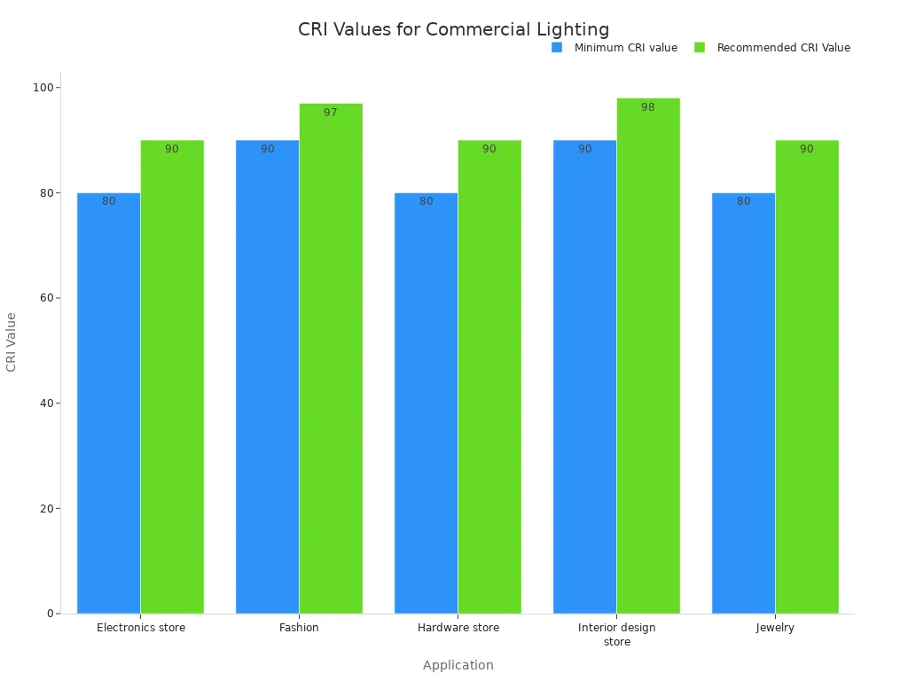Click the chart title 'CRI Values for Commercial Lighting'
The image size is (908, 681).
coord(453,29)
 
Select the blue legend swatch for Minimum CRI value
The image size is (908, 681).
coord(557,48)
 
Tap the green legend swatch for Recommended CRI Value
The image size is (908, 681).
coord(700,48)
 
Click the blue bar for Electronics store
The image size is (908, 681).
coord(108,403)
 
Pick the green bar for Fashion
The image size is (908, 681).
coord(331,358)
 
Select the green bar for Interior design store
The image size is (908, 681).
coord(648,356)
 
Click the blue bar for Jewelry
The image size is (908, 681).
coord(743,403)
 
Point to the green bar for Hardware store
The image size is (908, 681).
coord(489,377)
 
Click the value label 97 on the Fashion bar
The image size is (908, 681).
coord(331,113)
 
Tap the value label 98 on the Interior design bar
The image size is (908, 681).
coord(648,107)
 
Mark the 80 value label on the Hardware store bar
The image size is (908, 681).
coord(427,201)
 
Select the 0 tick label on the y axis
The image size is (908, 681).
coord(51,614)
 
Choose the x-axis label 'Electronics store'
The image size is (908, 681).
coord(141,628)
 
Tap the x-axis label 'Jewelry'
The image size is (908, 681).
coord(775,628)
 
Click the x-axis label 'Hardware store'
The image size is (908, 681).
coord(458,628)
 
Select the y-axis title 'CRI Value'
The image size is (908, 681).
coord(12,341)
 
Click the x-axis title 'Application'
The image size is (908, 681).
coord(458,665)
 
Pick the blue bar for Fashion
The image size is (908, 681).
coord(267,377)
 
